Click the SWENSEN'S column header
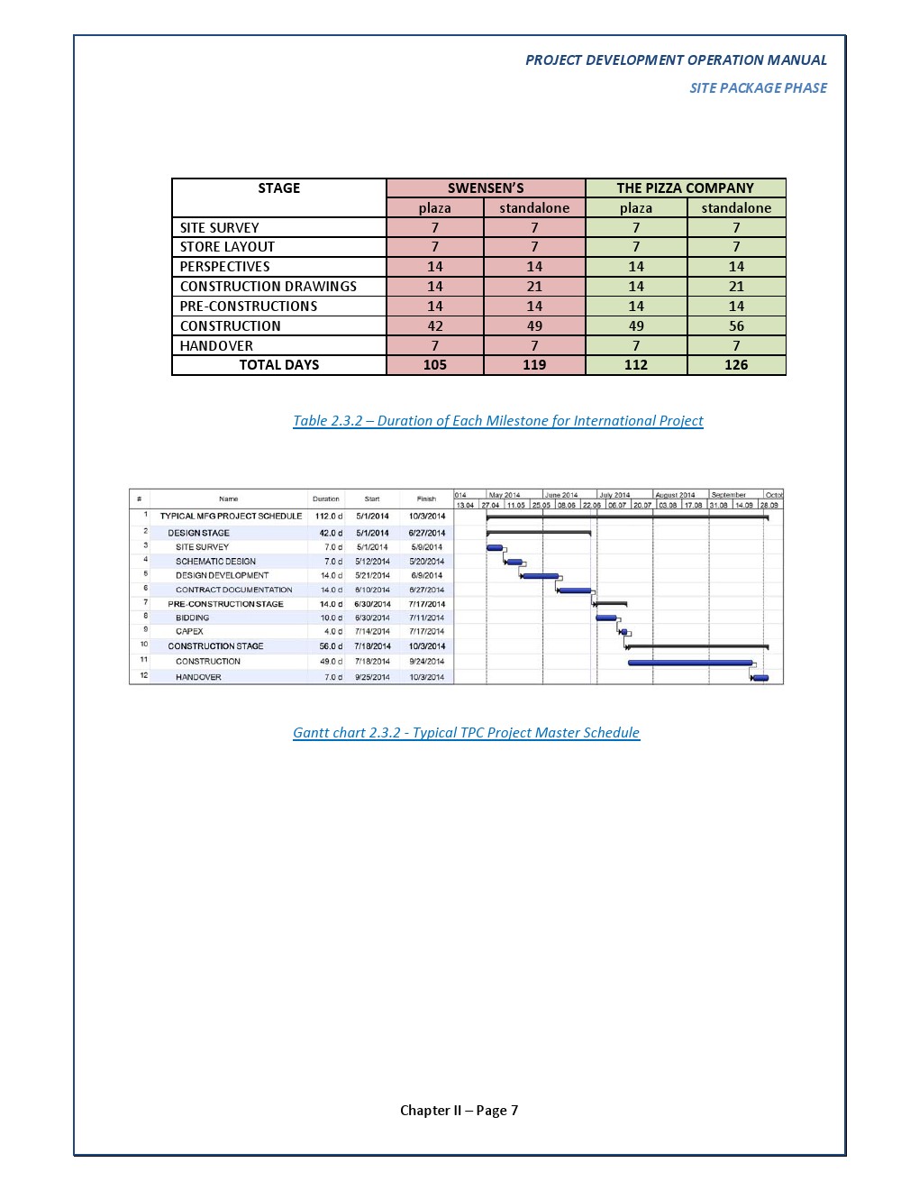[x=486, y=188]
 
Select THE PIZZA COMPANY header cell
[x=685, y=188]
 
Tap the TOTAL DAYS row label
[x=278, y=365]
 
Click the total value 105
[x=435, y=365]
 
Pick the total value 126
[x=736, y=365]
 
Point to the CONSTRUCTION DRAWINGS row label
[x=268, y=287]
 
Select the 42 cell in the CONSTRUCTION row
[x=435, y=326]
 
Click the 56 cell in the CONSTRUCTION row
[x=736, y=326]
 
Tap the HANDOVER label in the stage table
[x=216, y=346]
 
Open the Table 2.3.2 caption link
[x=497, y=421]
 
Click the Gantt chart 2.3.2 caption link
[x=466, y=733]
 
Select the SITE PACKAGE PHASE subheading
[x=758, y=88]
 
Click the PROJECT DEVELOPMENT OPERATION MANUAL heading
[x=676, y=60]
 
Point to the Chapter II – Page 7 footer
[x=459, y=1111]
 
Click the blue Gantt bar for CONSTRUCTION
[x=689, y=663]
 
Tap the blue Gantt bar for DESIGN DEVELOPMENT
[x=541, y=576]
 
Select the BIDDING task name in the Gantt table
[x=192, y=618]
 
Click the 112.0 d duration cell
[x=328, y=517]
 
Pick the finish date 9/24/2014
[x=426, y=662]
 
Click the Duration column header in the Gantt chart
[x=326, y=499]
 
